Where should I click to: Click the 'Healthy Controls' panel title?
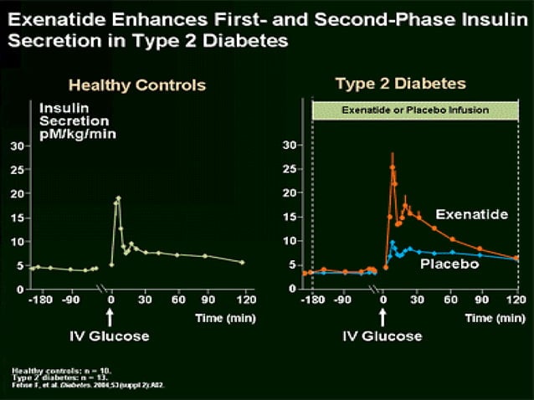click(x=136, y=85)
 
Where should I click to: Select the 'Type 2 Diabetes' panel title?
click(x=400, y=84)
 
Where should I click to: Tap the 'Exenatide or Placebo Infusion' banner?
click(x=415, y=110)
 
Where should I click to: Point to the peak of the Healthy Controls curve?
click(x=119, y=198)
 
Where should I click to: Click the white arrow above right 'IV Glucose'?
click(x=383, y=318)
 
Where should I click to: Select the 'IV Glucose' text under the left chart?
click(x=110, y=336)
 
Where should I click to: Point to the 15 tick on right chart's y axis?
click(x=290, y=217)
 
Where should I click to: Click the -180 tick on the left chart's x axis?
click(x=36, y=300)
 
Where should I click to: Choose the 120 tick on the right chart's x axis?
click(x=518, y=300)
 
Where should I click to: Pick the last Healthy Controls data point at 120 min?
click(x=242, y=262)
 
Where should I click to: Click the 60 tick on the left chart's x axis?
click(x=177, y=300)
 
